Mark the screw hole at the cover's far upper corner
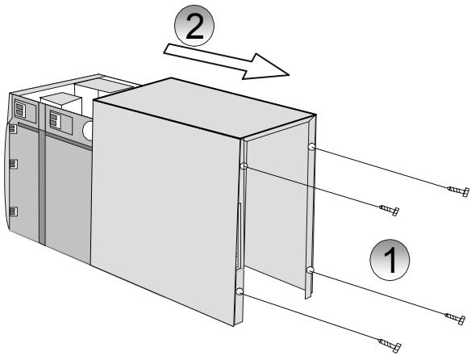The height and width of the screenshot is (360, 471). click(311, 147)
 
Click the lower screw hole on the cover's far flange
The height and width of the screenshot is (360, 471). click(310, 270)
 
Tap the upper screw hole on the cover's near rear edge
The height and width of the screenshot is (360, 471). click(243, 165)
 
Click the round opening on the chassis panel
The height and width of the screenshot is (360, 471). click(88, 128)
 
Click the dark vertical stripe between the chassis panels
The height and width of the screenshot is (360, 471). click(42, 186)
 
